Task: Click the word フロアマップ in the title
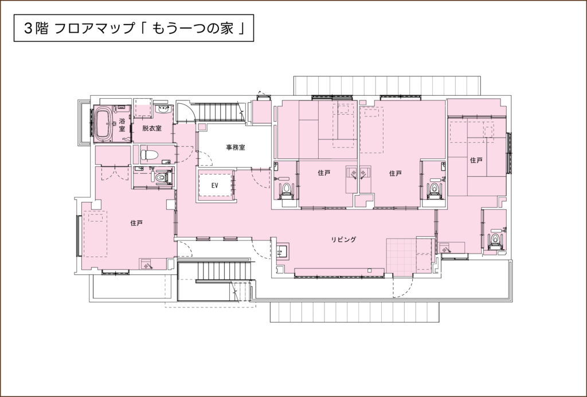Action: click(x=95, y=29)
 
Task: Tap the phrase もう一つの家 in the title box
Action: click(x=193, y=29)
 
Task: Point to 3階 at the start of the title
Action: click(x=36, y=29)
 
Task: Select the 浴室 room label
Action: click(x=122, y=124)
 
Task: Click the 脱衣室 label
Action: click(x=152, y=128)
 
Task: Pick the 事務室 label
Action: click(x=236, y=147)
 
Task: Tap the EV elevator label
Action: click(x=214, y=185)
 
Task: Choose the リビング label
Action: click(x=343, y=239)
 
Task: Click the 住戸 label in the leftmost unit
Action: click(x=136, y=223)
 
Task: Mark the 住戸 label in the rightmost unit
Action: click(x=476, y=160)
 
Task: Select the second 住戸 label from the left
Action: click(x=324, y=173)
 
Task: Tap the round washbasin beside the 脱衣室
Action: click(x=163, y=110)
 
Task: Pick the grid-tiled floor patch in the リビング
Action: click(x=401, y=256)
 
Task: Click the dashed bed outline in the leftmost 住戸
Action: click(x=95, y=233)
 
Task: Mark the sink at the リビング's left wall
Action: click(x=282, y=251)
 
